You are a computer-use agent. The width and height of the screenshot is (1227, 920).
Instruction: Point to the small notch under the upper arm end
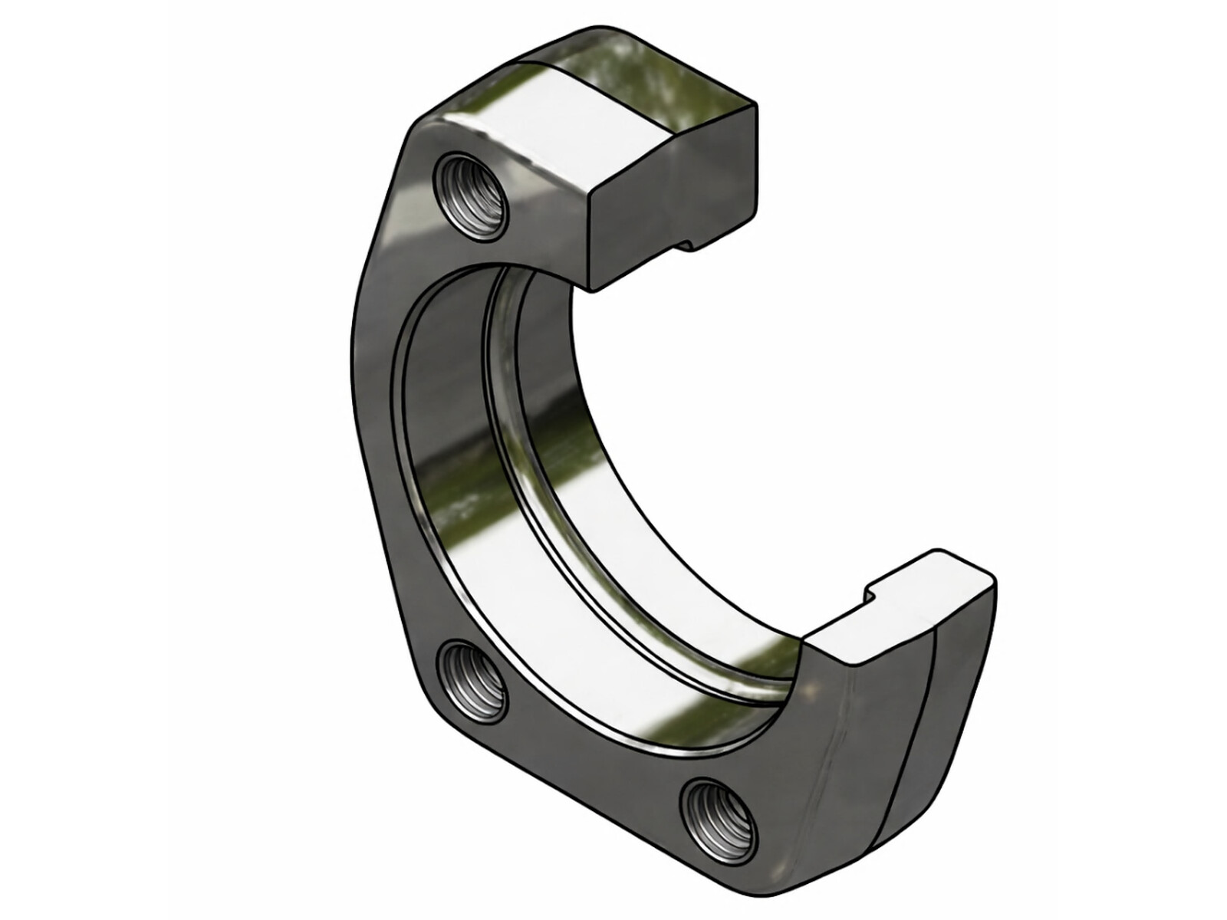687,244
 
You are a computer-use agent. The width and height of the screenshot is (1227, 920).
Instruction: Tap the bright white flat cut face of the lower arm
905,606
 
